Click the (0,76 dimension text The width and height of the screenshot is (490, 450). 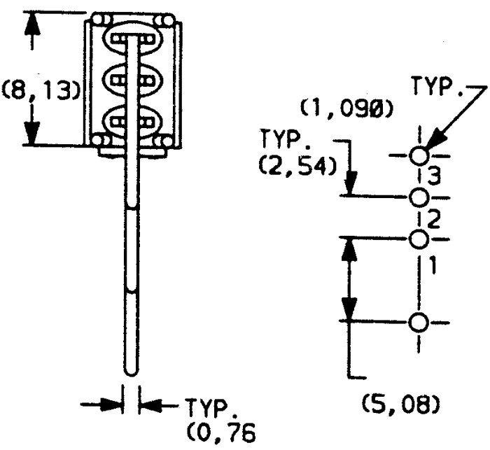221,432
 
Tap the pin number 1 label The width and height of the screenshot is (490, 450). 433,265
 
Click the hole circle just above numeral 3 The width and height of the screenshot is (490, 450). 419,155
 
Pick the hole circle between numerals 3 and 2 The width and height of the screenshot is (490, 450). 419,198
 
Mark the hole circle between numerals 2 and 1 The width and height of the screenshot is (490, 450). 419,239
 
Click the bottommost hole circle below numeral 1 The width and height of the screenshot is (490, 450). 419,322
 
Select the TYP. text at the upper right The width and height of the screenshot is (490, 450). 437,86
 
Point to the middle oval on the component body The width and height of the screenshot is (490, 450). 132,80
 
